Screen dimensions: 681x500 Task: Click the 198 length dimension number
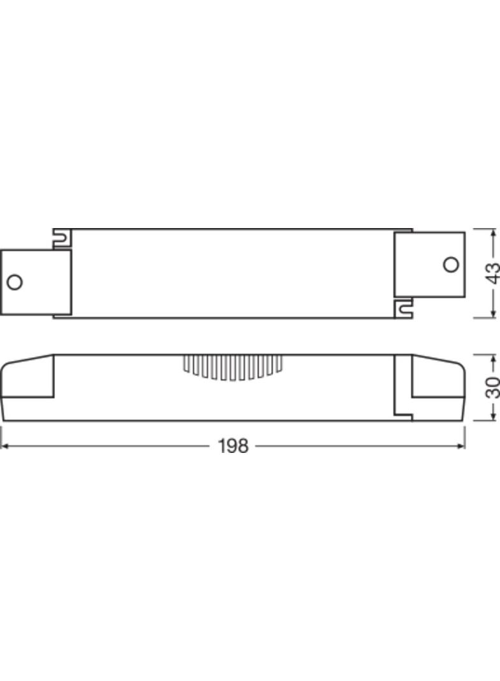(x=233, y=446)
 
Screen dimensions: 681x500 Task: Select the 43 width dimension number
(x=492, y=273)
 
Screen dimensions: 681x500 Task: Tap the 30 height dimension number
(x=492, y=387)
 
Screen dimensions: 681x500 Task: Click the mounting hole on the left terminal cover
(x=14, y=282)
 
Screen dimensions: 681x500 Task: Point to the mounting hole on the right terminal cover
(x=450, y=264)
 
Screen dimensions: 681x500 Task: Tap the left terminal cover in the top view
(x=35, y=282)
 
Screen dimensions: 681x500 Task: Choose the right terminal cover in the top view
(x=429, y=264)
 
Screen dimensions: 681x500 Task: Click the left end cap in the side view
(x=27, y=388)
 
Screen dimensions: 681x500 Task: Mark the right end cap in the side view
(x=437, y=388)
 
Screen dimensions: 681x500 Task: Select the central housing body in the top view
(x=233, y=273)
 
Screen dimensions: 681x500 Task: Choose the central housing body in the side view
(x=233, y=399)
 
